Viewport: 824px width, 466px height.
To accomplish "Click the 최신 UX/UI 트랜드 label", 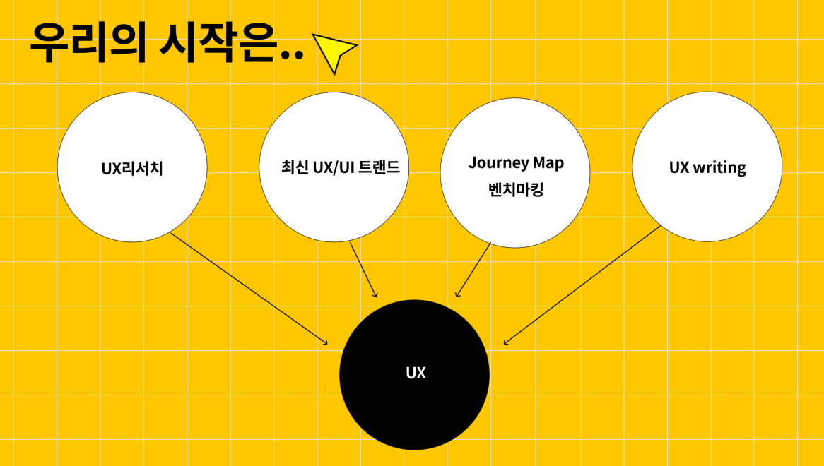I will (340, 168).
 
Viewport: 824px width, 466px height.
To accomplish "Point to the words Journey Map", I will (516, 163).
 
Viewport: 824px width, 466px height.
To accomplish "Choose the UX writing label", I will (707, 168).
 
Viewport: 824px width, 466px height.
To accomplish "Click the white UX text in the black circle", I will (416, 374).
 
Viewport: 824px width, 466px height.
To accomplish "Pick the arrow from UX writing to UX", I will (583, 285).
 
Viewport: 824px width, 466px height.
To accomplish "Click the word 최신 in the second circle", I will (294, 168).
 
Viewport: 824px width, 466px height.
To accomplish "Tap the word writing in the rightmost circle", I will (719, 168).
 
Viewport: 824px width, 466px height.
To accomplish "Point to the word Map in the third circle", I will (548, 163).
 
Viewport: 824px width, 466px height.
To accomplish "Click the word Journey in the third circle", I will (499, 163).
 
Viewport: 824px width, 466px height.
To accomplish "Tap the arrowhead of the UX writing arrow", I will (505, 343).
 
